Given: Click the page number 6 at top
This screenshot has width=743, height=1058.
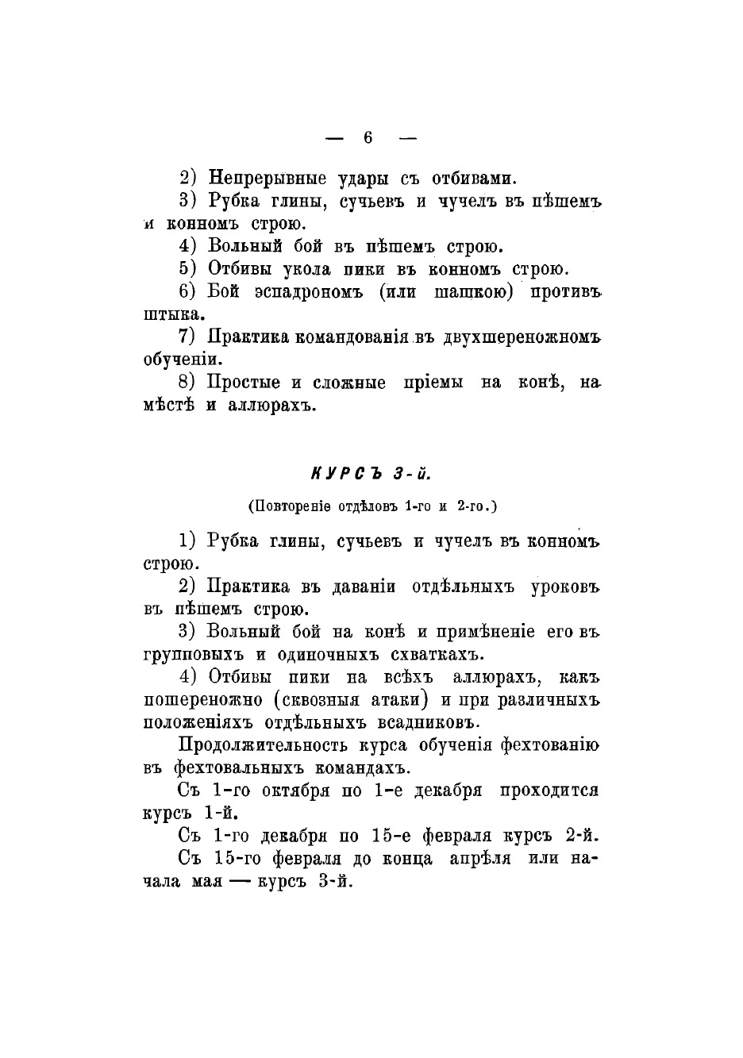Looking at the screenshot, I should point(368,137).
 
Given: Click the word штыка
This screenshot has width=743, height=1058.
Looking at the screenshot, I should point(170,314).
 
